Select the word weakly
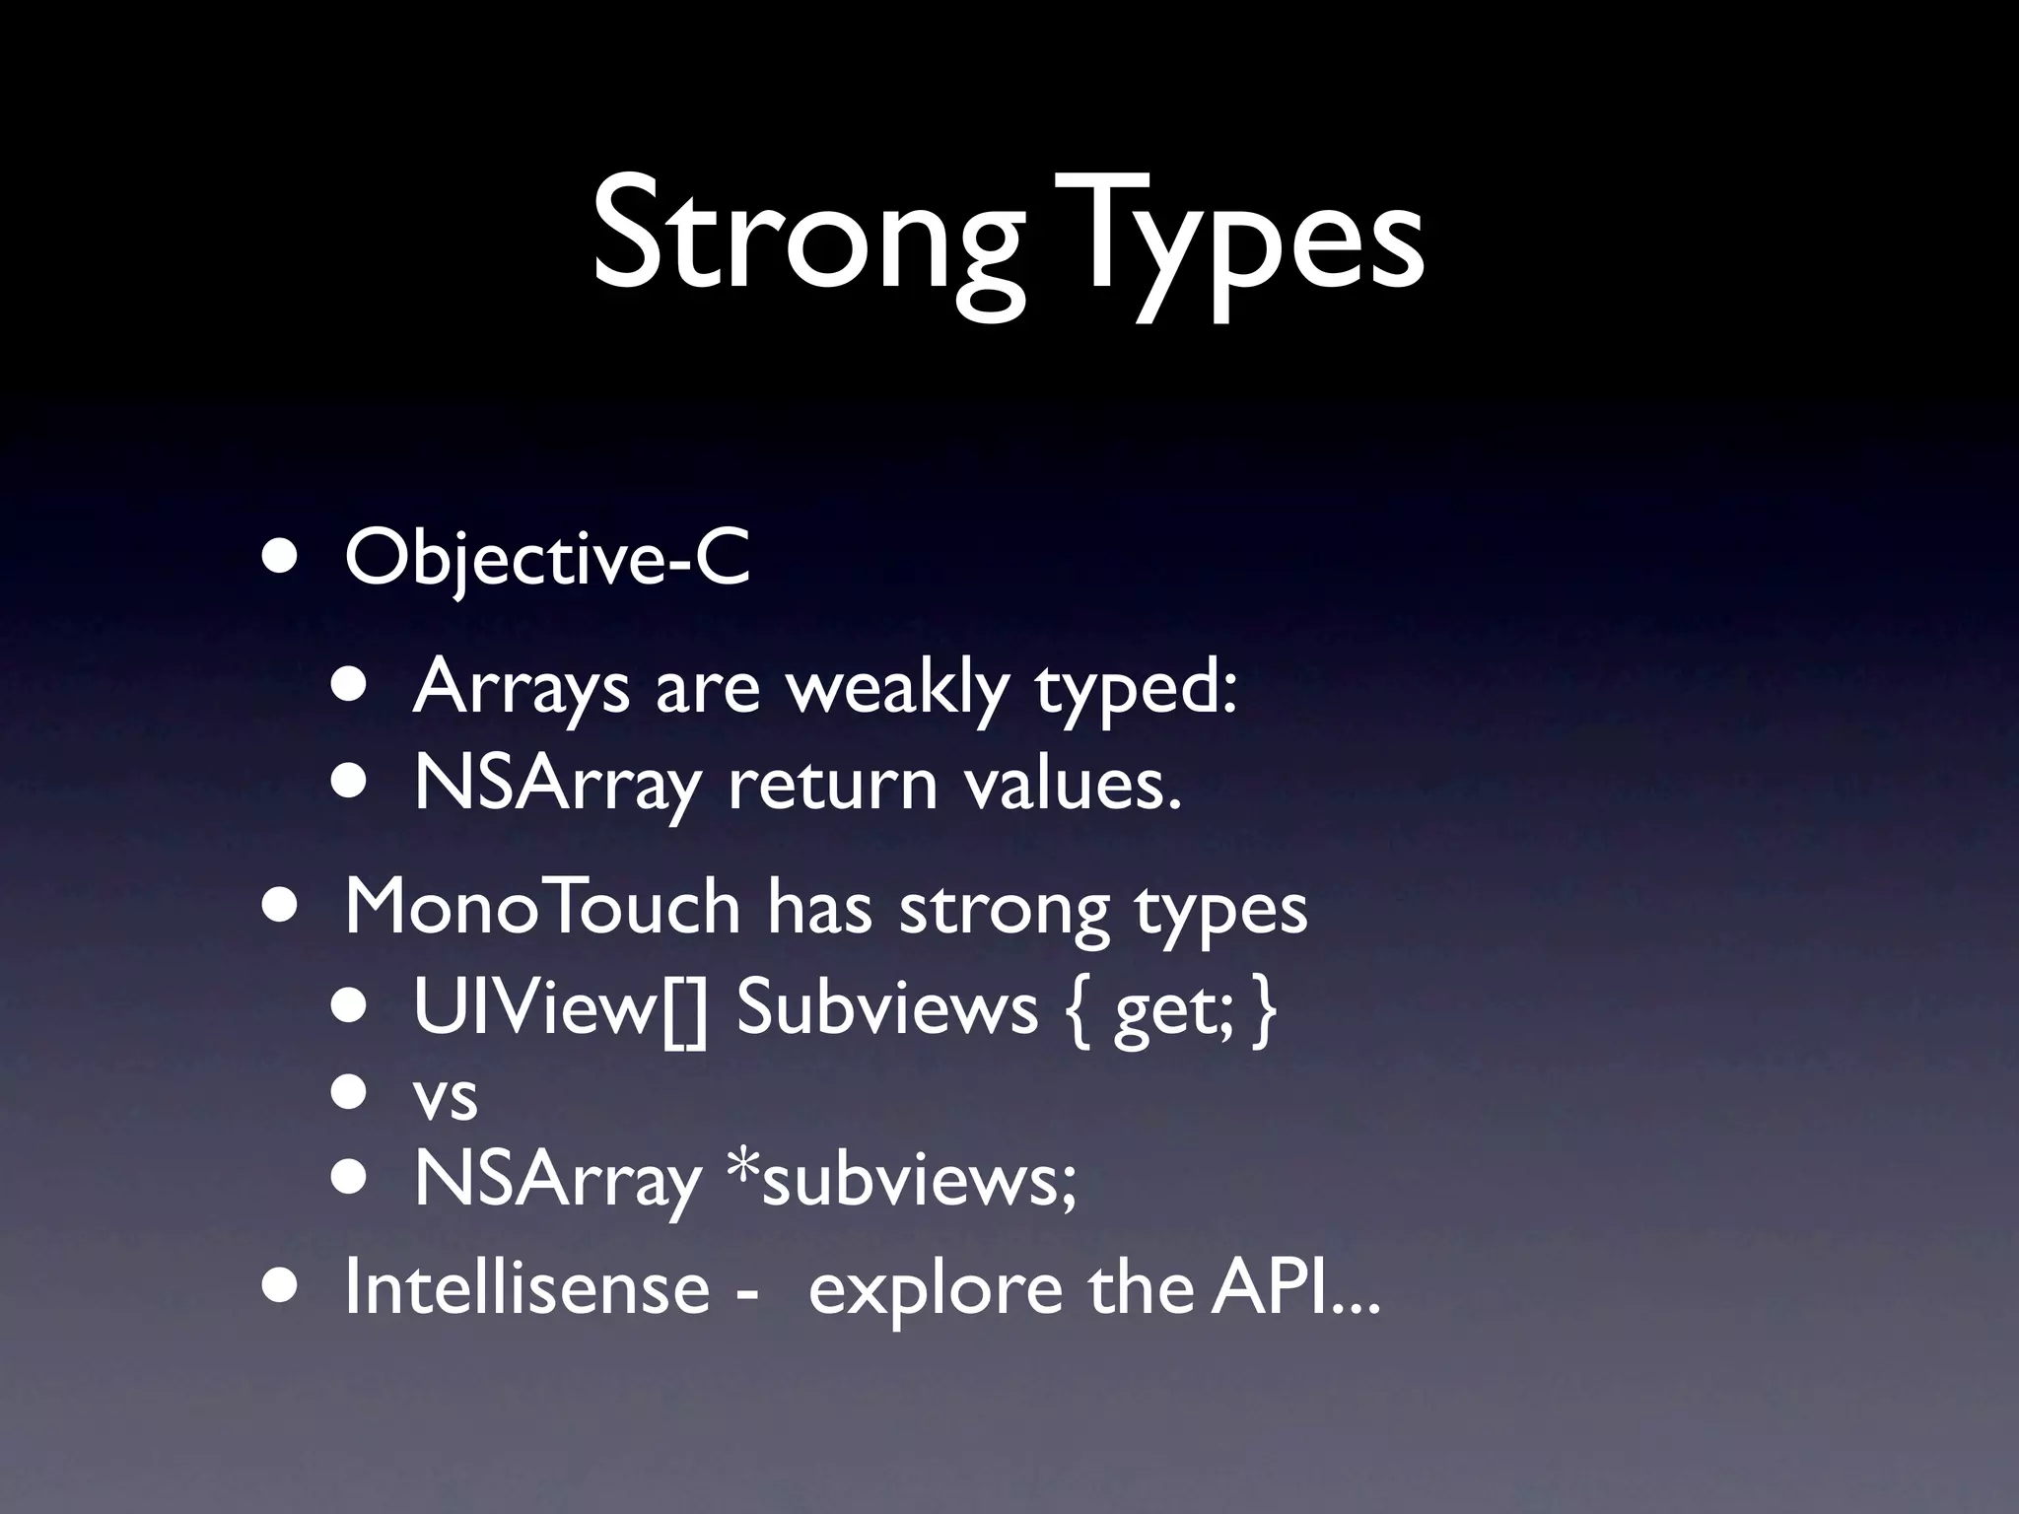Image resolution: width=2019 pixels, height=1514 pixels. pos(896,687)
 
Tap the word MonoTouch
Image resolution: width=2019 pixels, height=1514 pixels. pos(542,907)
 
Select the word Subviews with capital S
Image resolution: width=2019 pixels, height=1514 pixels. pos(886,1007)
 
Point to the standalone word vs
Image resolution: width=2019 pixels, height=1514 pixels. pos(446,1096)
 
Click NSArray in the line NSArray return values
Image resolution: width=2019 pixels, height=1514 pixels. pos(557,786)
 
